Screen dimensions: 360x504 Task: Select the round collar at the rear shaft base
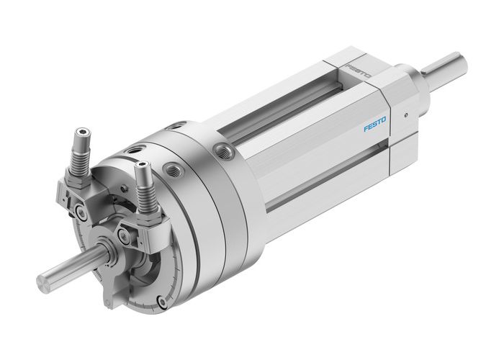pos(413,74)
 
